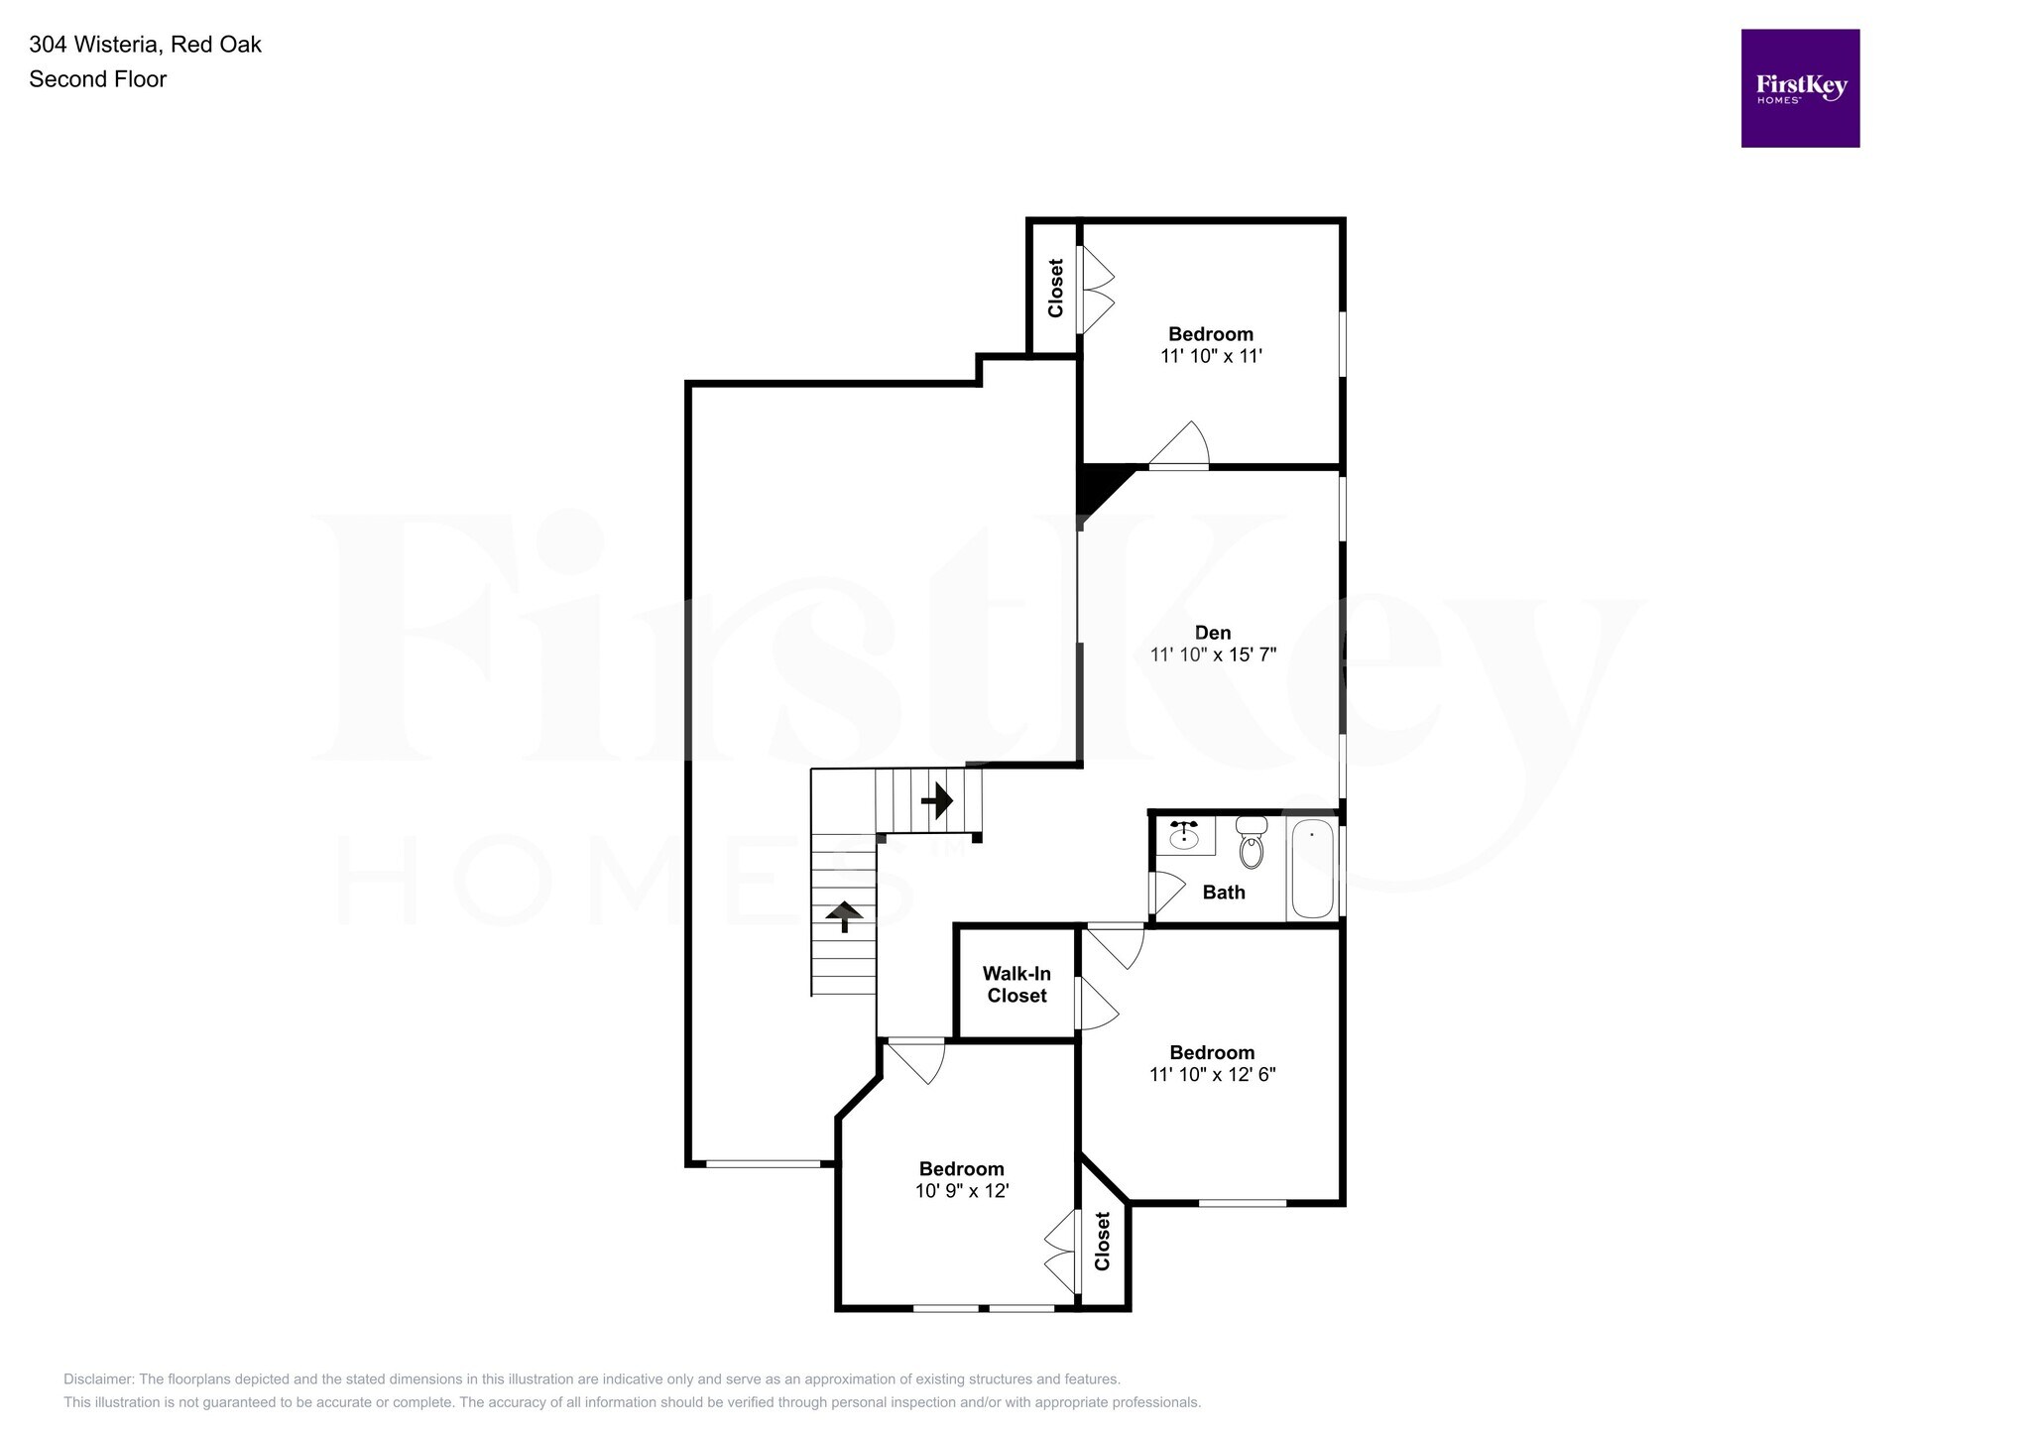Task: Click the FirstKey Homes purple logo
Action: [1800, 88]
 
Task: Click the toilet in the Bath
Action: [1252, 844]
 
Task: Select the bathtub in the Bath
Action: [1312, 869]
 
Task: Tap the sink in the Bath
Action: [1184, 836]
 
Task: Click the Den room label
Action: [1212, 633]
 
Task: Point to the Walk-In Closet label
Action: [1016, 985]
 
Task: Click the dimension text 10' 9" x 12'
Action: [961, 1191]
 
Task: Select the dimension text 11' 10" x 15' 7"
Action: [1212, 655]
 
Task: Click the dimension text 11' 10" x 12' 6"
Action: [1212, 1074]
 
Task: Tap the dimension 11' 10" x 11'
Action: [1211, 356]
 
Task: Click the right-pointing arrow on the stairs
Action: [937, 799]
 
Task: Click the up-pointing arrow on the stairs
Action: [844, 915]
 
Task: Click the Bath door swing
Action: [1166, 891]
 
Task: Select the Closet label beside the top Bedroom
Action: [1055, 288]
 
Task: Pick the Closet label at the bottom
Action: [1102, 1242]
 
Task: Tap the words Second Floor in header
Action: [97, 79]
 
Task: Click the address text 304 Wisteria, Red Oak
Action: [145, 45]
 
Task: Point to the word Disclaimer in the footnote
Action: [98, 1379]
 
